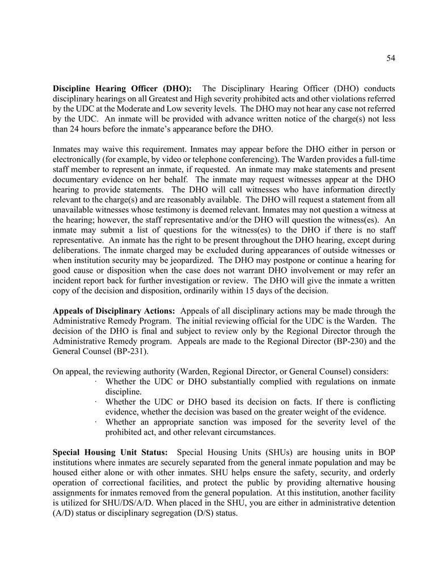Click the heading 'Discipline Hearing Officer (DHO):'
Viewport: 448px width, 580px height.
click(x=122, y=88)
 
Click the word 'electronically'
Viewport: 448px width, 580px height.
click(x=78, y=159)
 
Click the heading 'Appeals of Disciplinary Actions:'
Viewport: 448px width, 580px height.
click(x=114, y=311)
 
